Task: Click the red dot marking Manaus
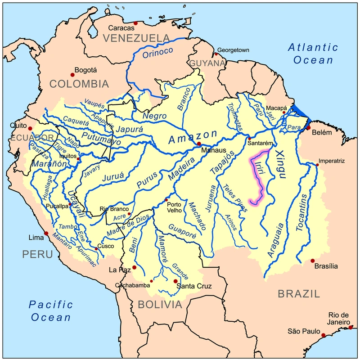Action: point(199,144)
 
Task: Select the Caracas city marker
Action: point(135,23)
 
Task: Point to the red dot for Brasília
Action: point(312,261)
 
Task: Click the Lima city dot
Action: point(45,233)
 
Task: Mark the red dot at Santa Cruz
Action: point(175,281)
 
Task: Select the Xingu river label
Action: point(280,165)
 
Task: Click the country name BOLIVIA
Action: point(160,305)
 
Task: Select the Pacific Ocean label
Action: point(50,310)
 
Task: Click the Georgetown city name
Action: point(233,50)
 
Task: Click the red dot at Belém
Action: point(308,128)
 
